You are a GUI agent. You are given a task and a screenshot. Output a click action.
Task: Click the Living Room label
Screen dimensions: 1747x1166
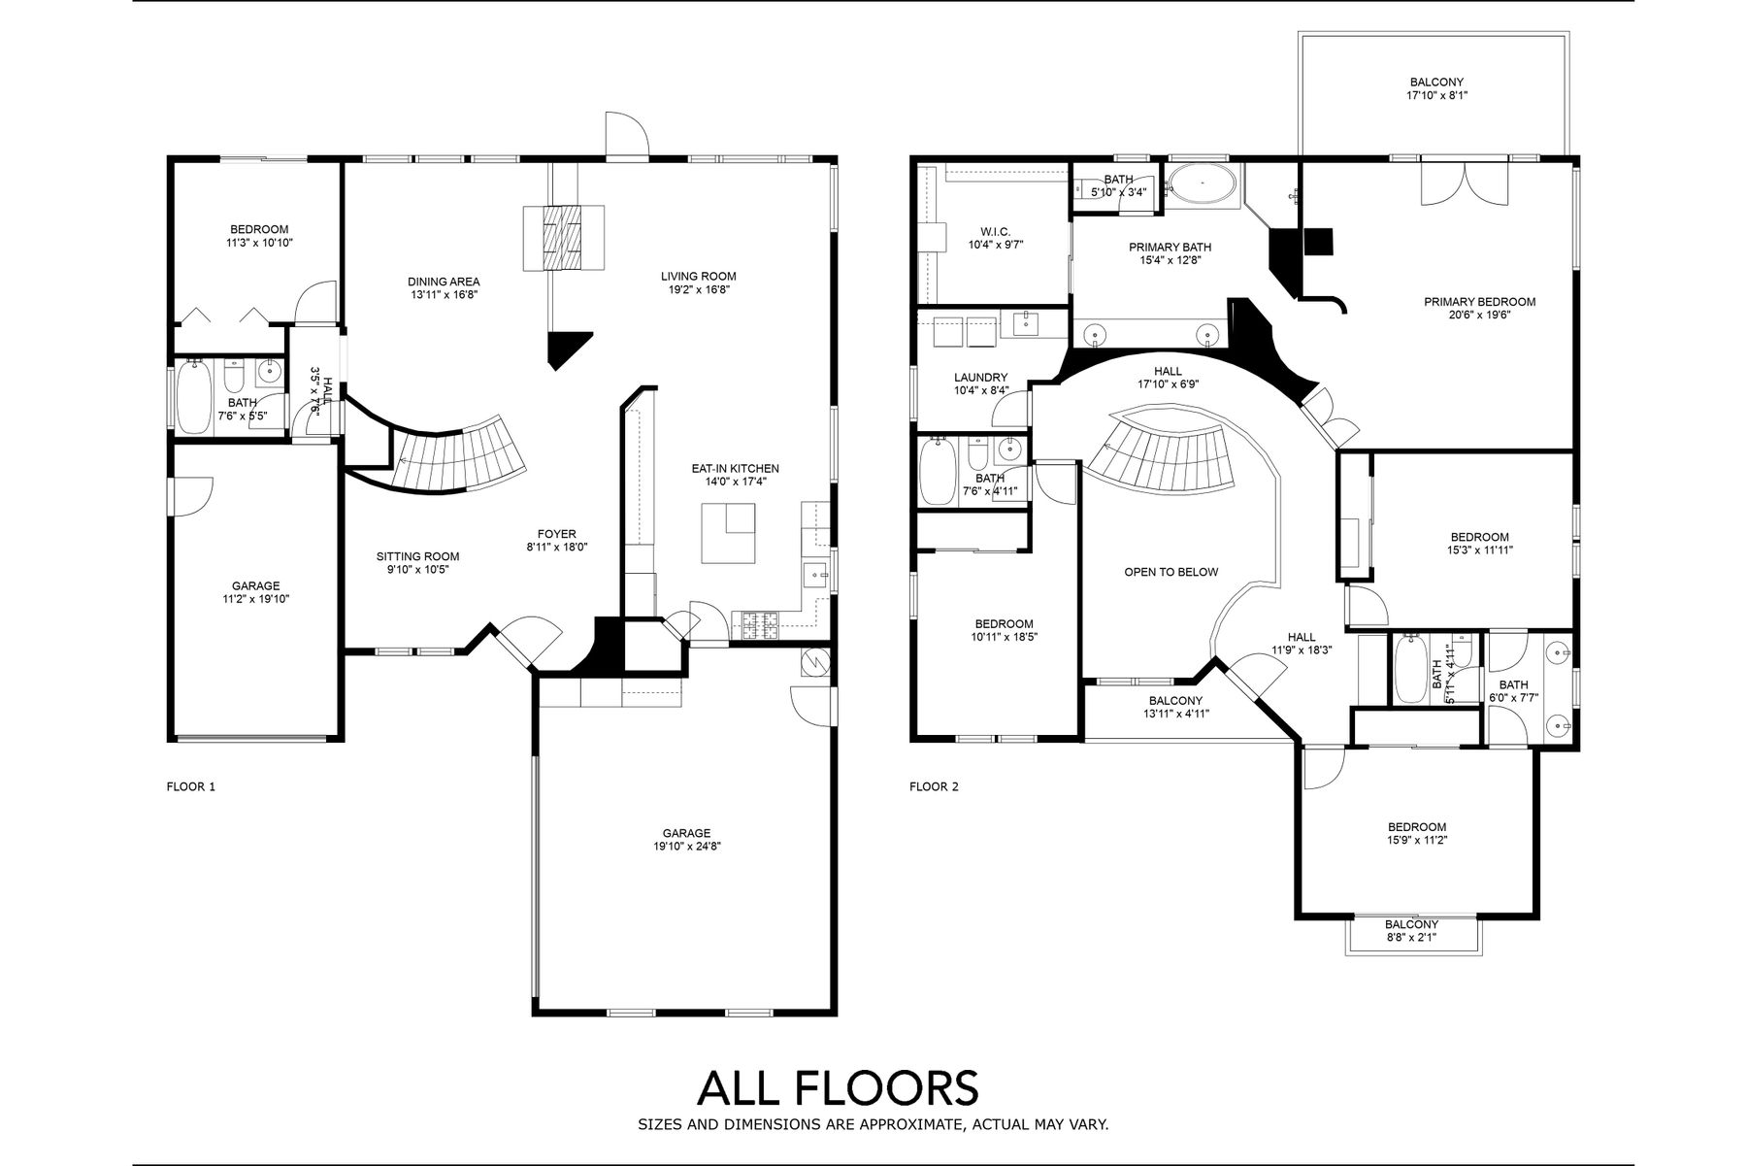[x=698, y=276]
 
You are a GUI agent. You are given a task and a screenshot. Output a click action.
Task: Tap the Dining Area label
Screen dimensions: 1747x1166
[x=444, y=282]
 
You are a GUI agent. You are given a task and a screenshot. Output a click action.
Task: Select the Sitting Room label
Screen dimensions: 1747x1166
[x=417, y=556]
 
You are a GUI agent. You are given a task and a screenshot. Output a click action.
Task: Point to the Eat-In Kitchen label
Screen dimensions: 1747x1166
[x=735, y=468]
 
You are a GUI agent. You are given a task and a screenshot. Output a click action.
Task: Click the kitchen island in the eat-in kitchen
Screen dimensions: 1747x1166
[x=728, y=533]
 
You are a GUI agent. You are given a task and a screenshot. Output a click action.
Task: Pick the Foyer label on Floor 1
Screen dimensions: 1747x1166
[x=557, y=534]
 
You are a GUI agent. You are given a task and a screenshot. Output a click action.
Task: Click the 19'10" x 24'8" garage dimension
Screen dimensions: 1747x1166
[x=686, y=847]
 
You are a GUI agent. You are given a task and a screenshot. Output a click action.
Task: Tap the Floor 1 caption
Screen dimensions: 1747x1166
[x=191, y=786]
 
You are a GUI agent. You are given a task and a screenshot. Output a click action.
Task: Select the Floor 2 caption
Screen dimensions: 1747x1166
[x=934, y=786]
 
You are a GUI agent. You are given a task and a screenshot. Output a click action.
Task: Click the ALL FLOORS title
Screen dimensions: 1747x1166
[x=838, y=1087]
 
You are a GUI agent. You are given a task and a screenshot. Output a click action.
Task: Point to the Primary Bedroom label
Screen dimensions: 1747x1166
[x=1479, y=302]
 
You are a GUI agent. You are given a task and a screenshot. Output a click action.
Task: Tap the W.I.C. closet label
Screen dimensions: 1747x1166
[x=995, y=231]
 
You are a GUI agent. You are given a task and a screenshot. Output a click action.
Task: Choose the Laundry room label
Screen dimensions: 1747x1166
[x=980, y=378]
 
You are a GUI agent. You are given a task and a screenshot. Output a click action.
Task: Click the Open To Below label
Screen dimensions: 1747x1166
[x=1170, y=572]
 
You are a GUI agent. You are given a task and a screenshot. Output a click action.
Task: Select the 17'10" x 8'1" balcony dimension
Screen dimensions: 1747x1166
[x=1436, y=96]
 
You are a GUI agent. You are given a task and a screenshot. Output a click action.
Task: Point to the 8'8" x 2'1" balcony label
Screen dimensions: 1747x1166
[x=1411, y=938]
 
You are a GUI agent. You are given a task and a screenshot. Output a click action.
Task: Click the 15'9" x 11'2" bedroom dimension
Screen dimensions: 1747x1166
[x=1416, y=841]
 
